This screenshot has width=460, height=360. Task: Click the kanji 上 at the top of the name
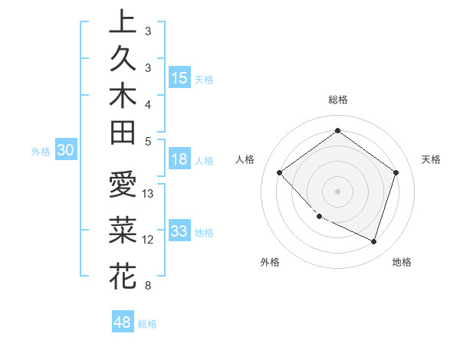coord(123,21)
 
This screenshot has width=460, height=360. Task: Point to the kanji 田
coord(123,134)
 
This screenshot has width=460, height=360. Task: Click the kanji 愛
coord(123,186)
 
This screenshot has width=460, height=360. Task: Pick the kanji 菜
coord(123,228)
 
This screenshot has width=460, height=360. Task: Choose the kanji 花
coord(123,275)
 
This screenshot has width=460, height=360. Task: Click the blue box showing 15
coord(179,78)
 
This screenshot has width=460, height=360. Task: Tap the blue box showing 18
coord(179,160)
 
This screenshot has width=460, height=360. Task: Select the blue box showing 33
coord(179,231)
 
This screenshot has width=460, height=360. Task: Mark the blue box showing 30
coord(65,151)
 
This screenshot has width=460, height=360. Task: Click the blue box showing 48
coord(122,322)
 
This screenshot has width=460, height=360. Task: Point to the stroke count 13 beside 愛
coord(149,194)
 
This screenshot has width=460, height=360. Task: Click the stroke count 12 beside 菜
coord(149,240)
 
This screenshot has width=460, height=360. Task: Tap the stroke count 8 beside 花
coord(147,286)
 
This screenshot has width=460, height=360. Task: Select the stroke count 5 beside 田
coord(147,141)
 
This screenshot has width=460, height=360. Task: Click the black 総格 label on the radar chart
coord(337,100)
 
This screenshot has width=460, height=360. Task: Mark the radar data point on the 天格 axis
coord(396,172)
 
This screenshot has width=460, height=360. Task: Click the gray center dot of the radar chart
coord(337,191)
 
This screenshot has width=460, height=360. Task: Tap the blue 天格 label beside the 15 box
coord(204,79)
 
